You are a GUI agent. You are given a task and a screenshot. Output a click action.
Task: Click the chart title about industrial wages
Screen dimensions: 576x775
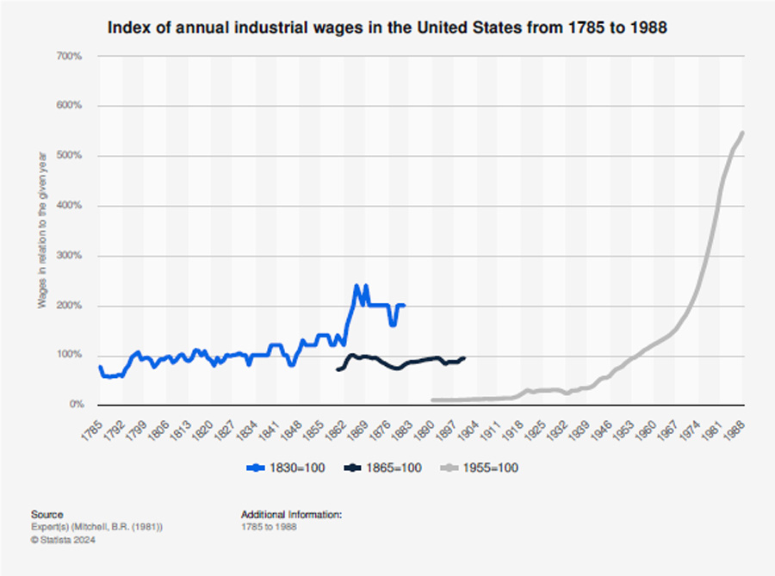point(387,28)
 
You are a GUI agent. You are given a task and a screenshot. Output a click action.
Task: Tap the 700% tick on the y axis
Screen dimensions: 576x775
point(70,56)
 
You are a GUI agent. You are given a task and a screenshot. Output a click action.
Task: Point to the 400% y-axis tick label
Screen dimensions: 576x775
point(70,206)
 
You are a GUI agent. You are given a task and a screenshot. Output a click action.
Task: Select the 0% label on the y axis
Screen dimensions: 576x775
point(75,405)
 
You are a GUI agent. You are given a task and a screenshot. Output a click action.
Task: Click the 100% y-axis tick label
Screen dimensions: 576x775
point(70,355)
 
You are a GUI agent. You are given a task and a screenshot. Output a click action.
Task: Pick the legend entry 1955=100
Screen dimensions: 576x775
point(480,468)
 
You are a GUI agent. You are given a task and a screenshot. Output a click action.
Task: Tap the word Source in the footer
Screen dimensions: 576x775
point(46,515)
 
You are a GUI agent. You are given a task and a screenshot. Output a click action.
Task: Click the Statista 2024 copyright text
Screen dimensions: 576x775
point(63,540)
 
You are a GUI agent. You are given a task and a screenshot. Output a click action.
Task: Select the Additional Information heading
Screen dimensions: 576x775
point(291,515)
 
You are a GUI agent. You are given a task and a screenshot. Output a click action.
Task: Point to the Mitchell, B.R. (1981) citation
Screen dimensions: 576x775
point(96,527)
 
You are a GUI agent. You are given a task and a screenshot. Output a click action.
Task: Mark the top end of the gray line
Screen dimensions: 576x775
point(742,133)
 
